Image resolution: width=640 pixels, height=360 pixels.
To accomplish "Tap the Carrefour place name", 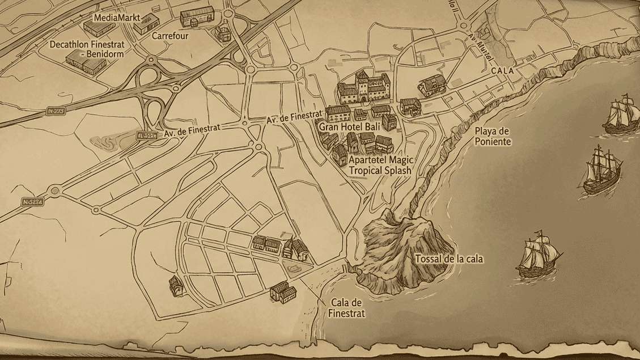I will (170, 36).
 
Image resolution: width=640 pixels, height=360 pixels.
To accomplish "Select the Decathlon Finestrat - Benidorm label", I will (87, 48).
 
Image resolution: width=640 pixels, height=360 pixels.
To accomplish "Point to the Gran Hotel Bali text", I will (349, 127).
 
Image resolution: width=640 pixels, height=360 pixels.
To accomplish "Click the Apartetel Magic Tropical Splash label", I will (380, 165).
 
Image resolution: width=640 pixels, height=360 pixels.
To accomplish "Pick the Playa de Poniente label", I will (493, 137).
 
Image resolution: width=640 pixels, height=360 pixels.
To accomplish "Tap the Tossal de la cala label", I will (449, 259).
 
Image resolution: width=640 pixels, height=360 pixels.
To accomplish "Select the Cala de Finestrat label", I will (346, 308).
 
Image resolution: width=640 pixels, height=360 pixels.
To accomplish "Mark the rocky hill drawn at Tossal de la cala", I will (400, 249).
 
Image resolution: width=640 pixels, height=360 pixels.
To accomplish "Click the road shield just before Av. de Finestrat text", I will (146, 135).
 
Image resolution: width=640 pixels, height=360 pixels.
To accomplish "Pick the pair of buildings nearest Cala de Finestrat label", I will (283, 293).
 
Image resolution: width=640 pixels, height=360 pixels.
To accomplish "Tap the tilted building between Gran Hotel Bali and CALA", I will (432, 85).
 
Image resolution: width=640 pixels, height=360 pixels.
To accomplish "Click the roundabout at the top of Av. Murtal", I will (464, 25).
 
